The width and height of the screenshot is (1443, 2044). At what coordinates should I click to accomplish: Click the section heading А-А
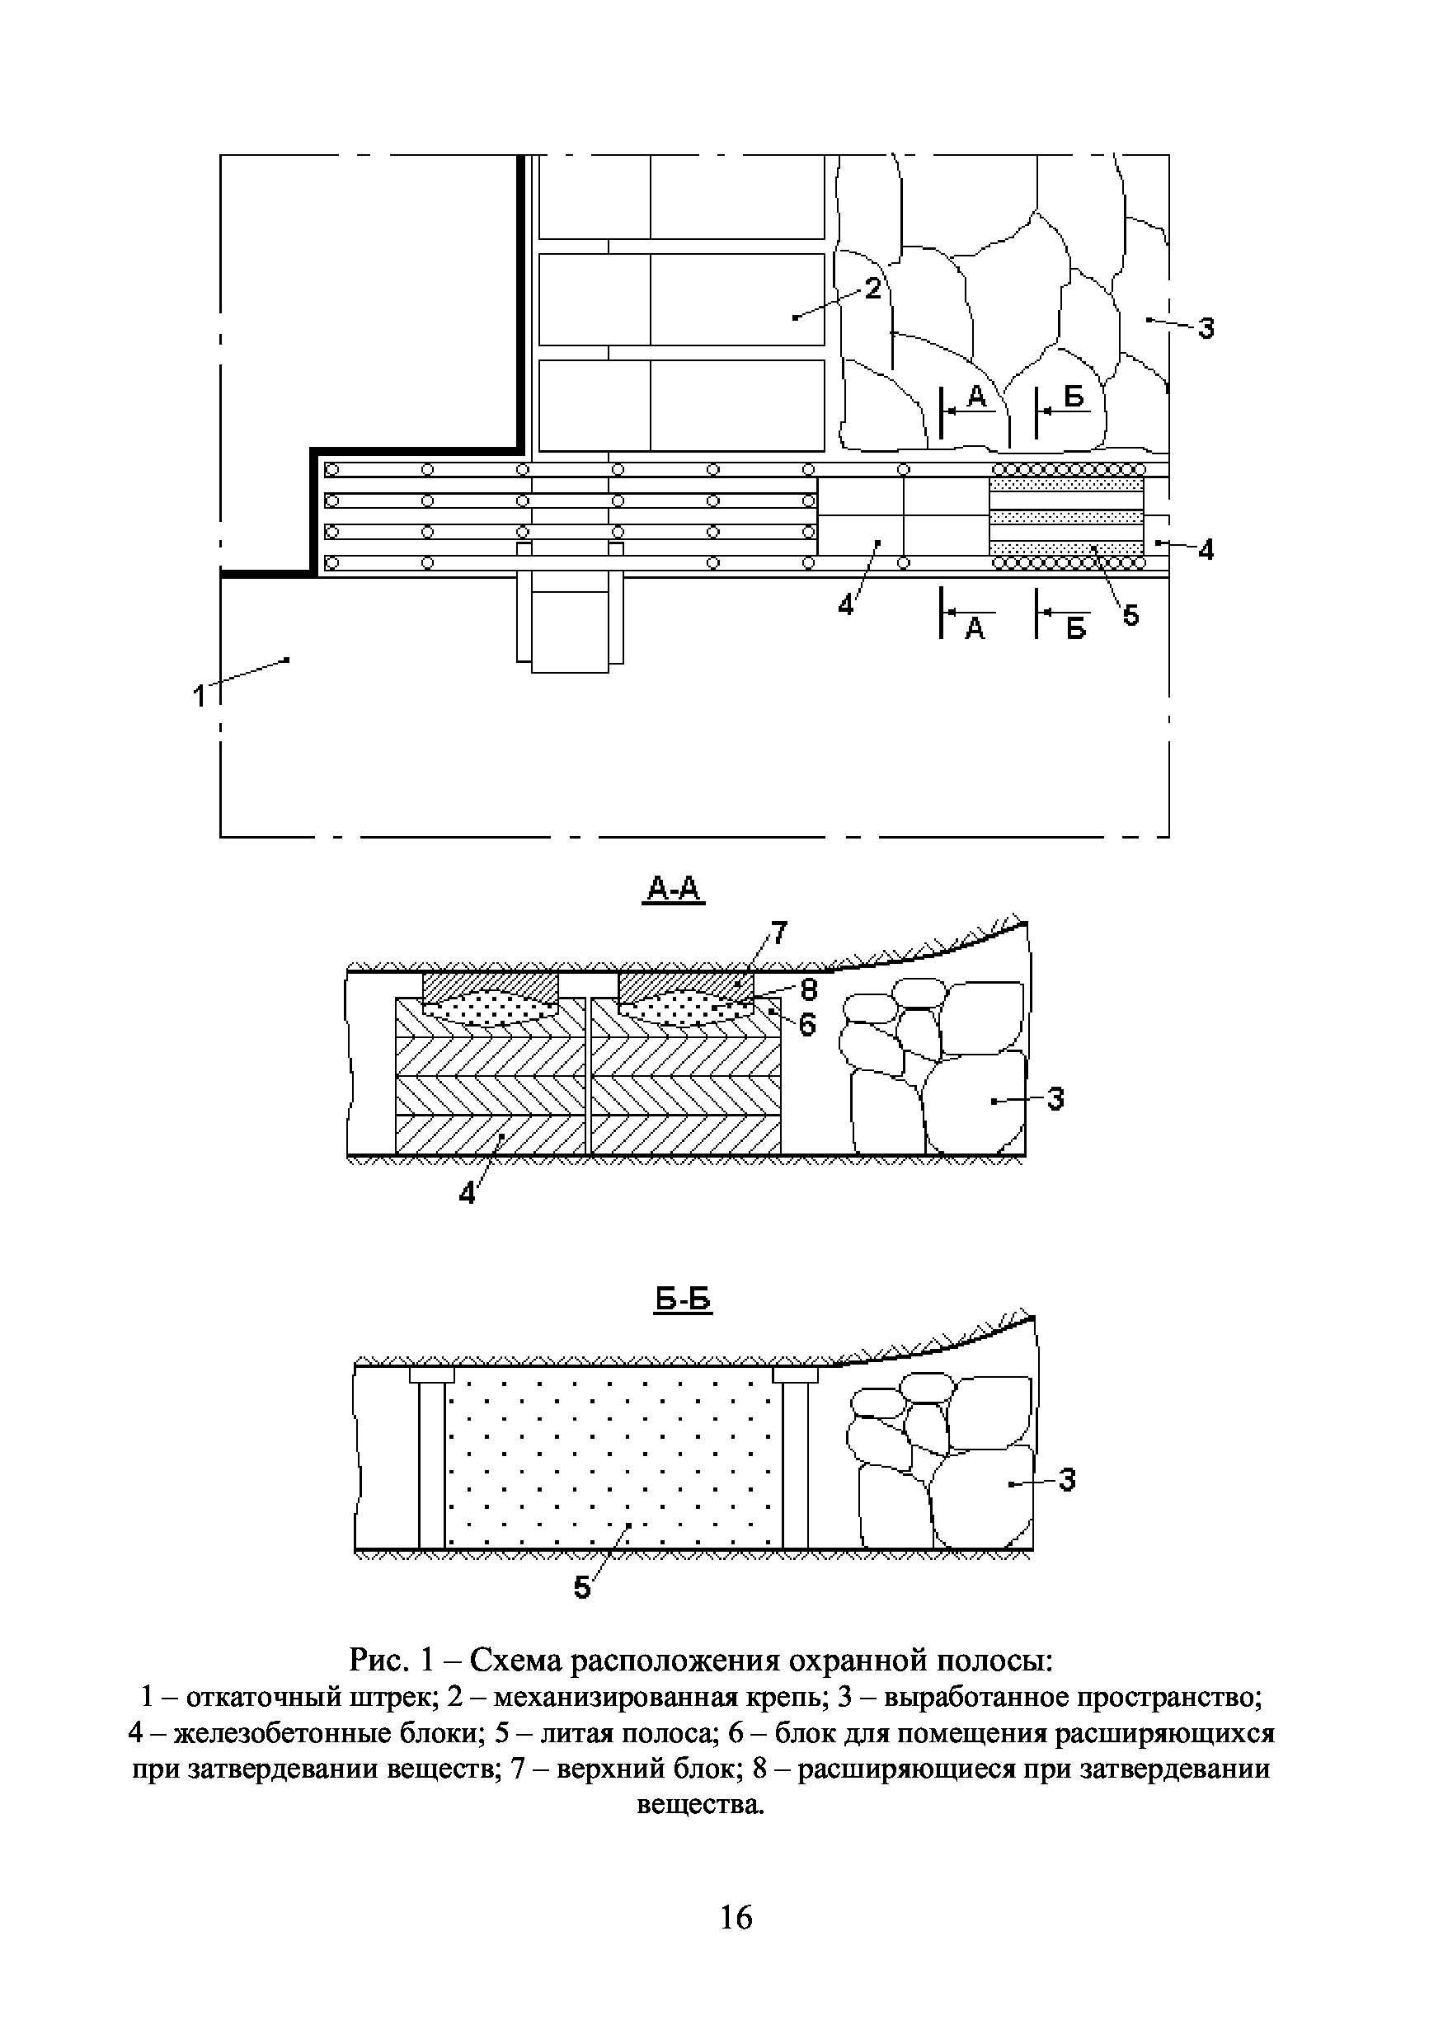[674, 889]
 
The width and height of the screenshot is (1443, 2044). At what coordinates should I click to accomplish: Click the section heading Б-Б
[684, 1300]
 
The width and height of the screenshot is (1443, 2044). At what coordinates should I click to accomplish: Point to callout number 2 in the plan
[872, 288]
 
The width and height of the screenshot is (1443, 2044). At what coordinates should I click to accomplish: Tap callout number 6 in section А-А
[806, 1026]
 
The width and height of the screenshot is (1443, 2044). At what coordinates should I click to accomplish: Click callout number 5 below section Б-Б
[583, 1587]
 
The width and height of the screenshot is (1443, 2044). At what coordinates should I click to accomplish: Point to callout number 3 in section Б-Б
[1066, 1479]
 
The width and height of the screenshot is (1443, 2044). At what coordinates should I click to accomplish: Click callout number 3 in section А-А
[1055, 1099]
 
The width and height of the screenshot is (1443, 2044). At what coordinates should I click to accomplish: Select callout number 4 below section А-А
[468, 1194]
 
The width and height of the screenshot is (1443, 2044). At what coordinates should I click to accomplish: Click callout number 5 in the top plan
[1130, 614]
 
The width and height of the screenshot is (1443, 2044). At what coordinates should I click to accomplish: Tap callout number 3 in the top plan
[1206, 329]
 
